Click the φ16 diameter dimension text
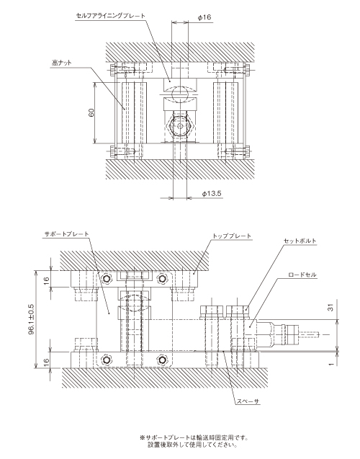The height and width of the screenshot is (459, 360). pos(204,17)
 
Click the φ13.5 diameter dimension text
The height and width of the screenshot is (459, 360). pos(212,194)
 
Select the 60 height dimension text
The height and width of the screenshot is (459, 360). pos(91,112)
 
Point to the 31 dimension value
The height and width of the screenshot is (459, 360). pos(330,308)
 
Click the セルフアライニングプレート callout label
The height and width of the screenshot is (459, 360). pos(111,16)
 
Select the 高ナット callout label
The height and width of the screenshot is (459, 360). pos(62,63)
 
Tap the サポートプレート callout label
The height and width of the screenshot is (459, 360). pos(66,234)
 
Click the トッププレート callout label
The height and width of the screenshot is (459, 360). pos(232,236)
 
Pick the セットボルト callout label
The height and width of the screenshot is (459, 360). pos(300,241)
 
